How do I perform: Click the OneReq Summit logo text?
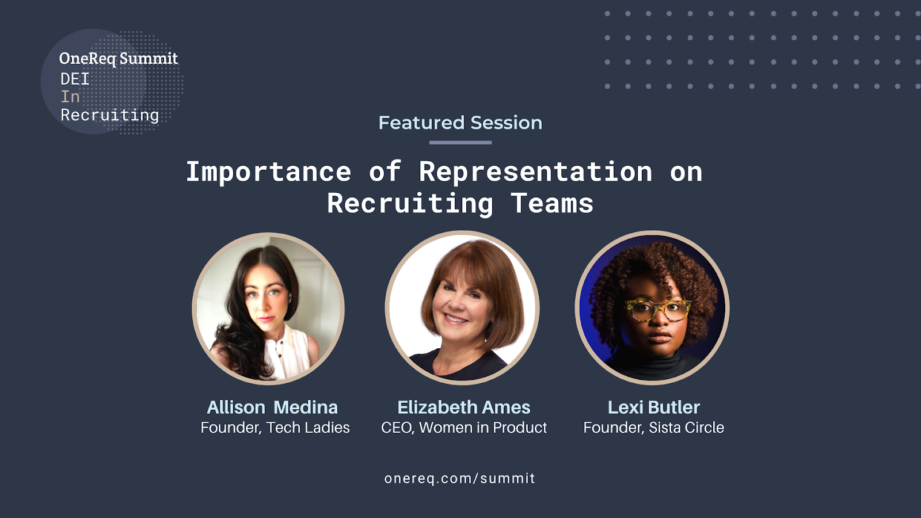coord(119,59)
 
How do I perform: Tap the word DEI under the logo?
coord(75,79)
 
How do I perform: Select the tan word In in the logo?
coord(70,97)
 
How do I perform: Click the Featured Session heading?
coord(461,123)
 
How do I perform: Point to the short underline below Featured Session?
coord(461,143)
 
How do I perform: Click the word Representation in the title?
coord(536,172)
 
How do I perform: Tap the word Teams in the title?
coord(552,203)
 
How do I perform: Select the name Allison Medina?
coord(272,407)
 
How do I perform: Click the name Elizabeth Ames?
coord(464,407)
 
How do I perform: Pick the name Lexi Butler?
coord(654,407)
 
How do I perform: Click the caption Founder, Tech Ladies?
coord(275,428)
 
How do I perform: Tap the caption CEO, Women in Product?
coord(464,428)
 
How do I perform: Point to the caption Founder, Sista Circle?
coord(654,428)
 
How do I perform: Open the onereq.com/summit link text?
coord(460,478)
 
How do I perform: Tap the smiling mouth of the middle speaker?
coord(455,319)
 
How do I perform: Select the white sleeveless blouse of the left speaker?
coord(288,353)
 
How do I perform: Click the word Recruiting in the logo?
coord(110,116)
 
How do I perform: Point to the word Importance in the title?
coord(268,172)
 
